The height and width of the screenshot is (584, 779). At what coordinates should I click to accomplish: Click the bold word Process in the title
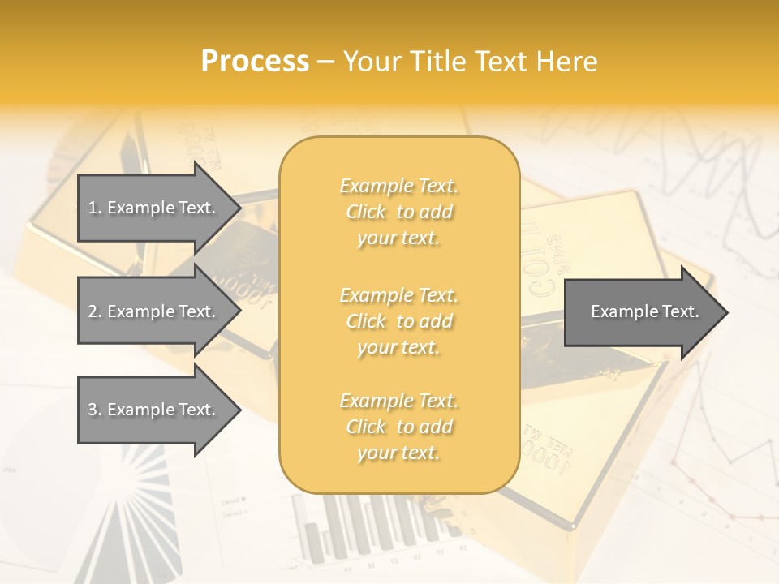pos(255,62)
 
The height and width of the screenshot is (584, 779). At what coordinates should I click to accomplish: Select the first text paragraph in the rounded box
pos(398,212)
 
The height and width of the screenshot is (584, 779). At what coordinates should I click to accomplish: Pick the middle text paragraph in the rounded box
pos(398,321)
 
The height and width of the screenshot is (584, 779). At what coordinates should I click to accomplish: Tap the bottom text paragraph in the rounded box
pos(398,427)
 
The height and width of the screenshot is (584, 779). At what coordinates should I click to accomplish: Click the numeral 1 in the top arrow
pos(92,208)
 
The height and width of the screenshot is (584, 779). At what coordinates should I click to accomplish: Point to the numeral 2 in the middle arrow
pos(92,311)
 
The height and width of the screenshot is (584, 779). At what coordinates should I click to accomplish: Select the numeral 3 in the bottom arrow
pos(92,410)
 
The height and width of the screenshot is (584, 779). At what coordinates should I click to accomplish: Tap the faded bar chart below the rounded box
pos(365,527)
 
